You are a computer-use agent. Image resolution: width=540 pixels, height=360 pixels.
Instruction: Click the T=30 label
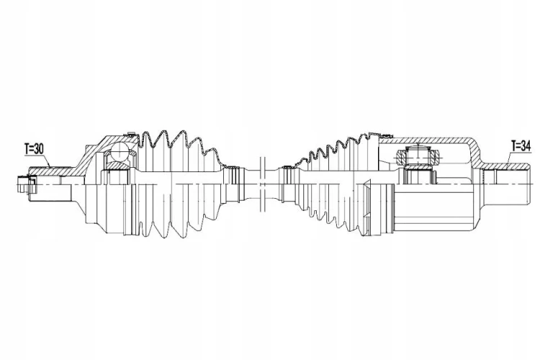(34, 149)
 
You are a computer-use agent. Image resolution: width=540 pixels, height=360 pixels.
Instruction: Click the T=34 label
(521, 146)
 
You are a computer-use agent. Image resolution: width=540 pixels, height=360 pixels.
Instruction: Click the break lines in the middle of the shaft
(263, 184)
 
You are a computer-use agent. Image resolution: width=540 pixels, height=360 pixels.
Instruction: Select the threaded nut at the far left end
(26, 184)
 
